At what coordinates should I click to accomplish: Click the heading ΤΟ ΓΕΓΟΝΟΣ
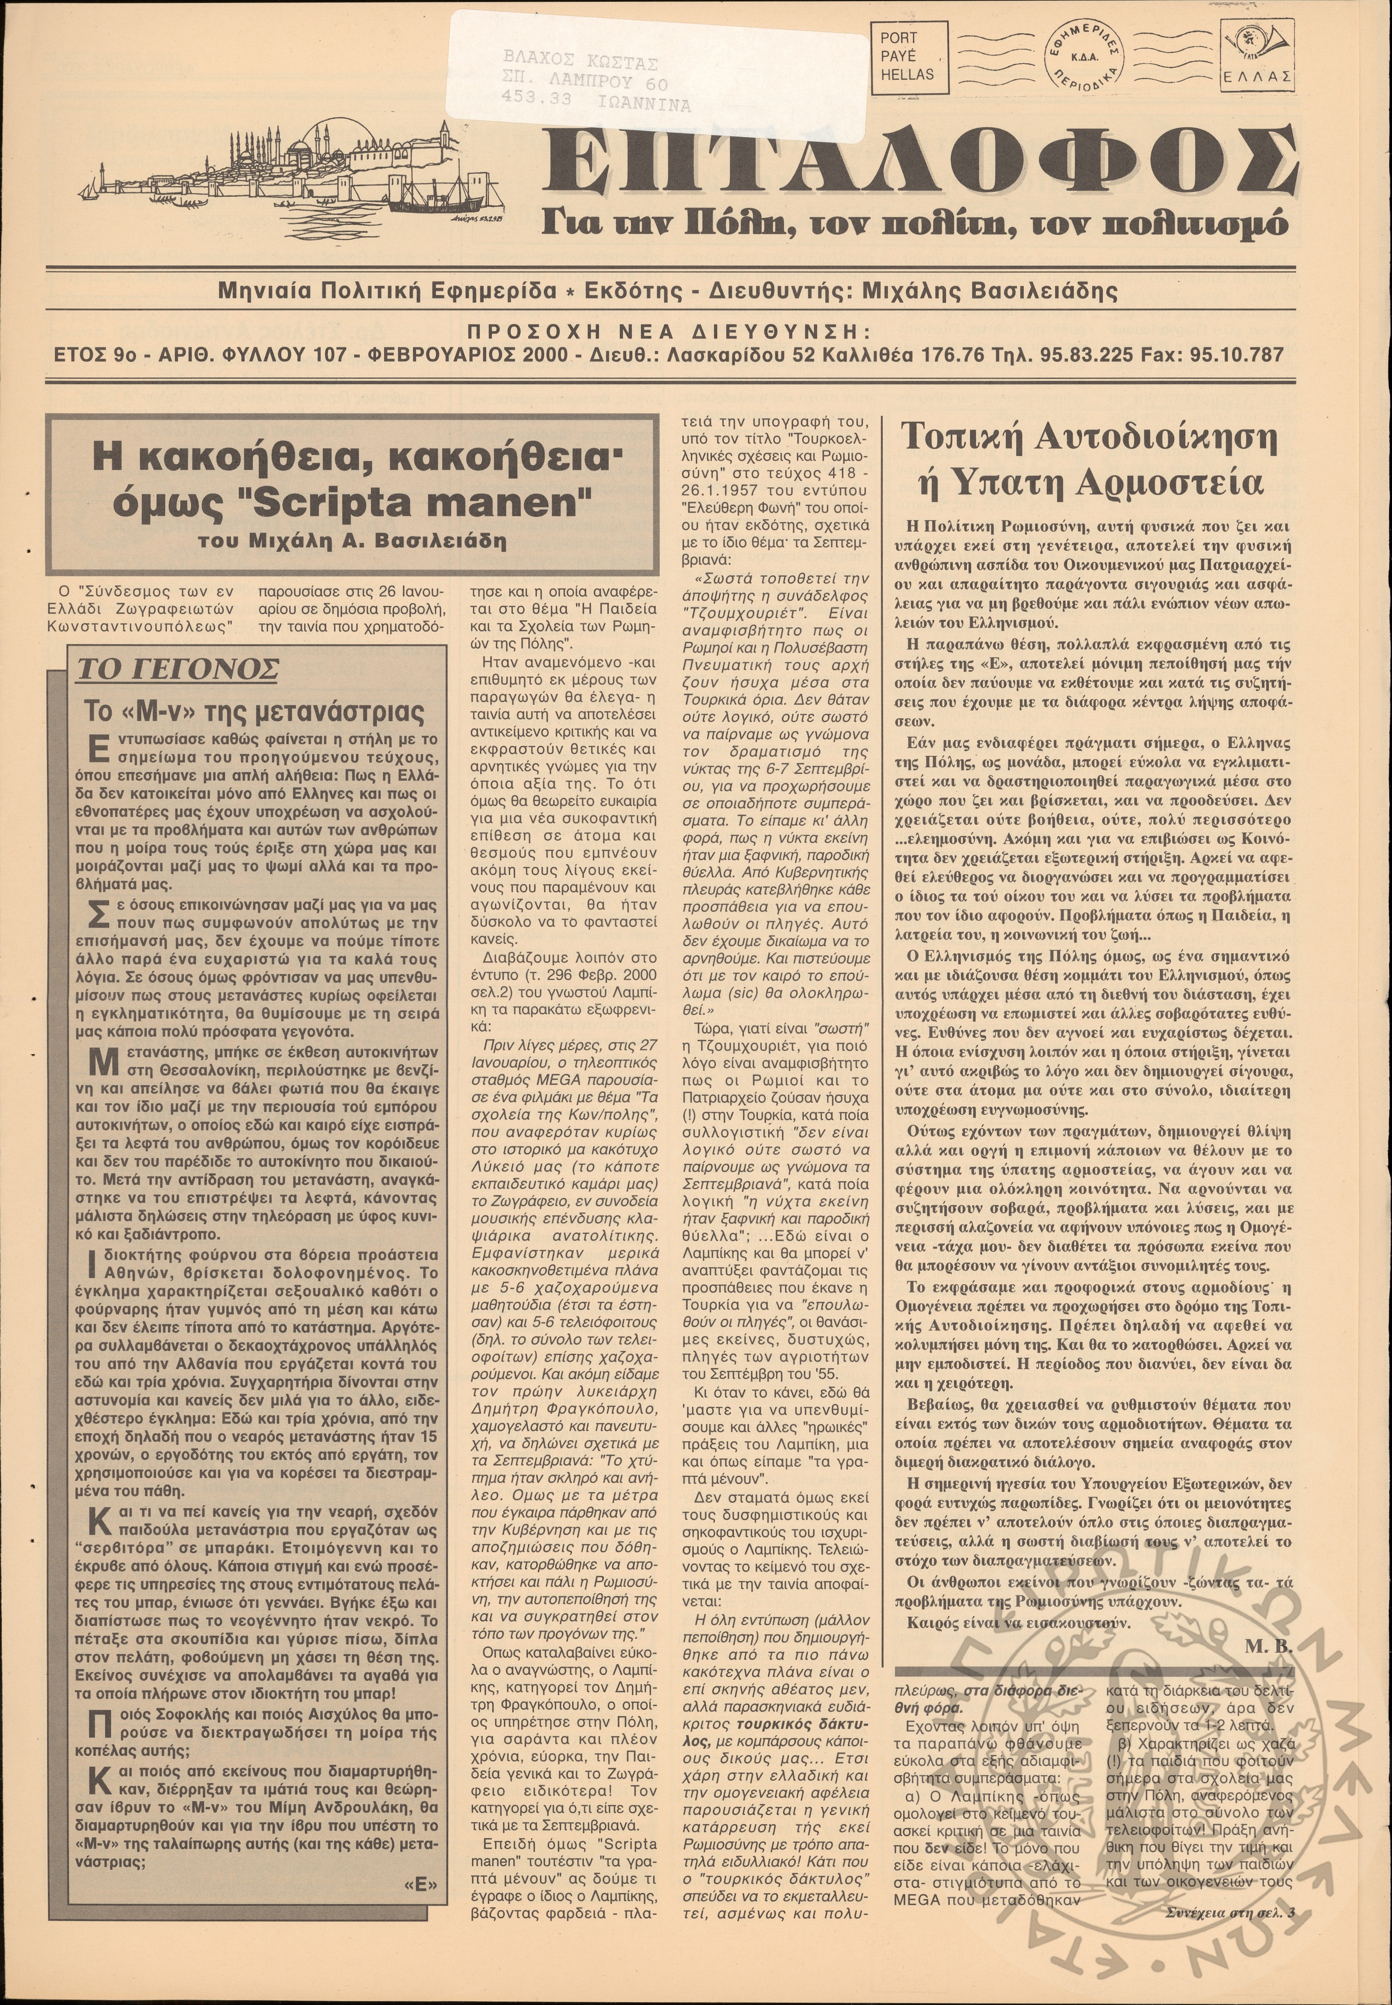click(x=178, y=670)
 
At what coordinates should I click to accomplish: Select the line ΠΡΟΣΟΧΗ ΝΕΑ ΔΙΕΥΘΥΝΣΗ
click(x=668, y=332)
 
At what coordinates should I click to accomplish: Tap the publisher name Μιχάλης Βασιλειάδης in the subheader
click(x=988, y=290)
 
